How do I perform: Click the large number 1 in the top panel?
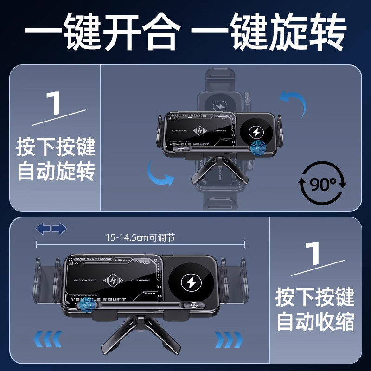pos(56,104)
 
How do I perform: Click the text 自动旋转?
pos(56,171)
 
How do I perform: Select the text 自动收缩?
pos(315,320)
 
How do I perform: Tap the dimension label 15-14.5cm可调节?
pos(140,237)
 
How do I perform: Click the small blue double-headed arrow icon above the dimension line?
pos(51,228)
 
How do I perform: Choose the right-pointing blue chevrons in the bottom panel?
pos(228,339)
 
